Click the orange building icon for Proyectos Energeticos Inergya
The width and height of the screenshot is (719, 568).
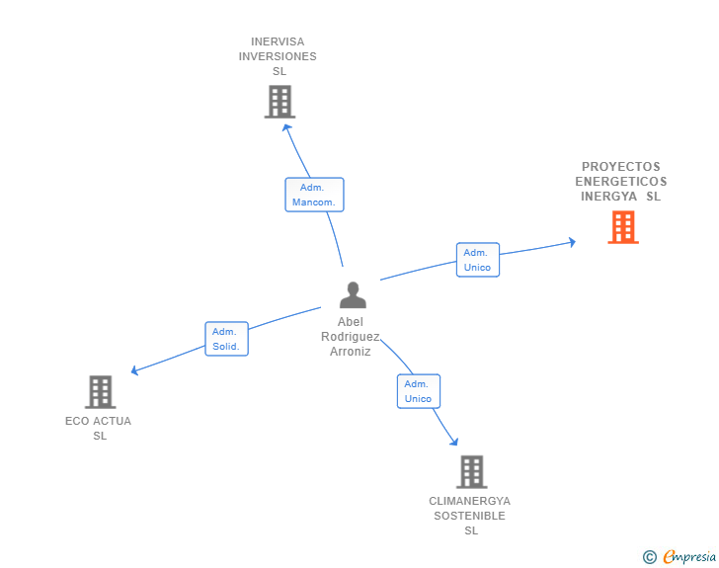pyautogui.click(x=622, y=227)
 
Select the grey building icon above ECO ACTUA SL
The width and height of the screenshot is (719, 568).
pyautogui.click(x=100, y=392)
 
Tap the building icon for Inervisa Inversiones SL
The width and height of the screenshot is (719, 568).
pyautogui.click(x=280, y=102)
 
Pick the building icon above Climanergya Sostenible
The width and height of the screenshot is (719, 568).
pyautogui.click(x=471, y=472)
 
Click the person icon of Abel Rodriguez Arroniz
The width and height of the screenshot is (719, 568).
pyautogui.click(x=352, y=295)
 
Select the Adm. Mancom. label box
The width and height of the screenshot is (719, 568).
pyautogui.click(x=314, y=195)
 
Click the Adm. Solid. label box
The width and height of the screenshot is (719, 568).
pyautogui.click(x=226, y=339)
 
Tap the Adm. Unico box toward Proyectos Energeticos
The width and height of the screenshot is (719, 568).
pyautogui.click(x=477, y=260)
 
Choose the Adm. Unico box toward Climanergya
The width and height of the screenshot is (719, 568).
pyautogui.click(x=418, y=391)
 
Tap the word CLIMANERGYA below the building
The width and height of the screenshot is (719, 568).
pyautogui.click(x=470, y=501)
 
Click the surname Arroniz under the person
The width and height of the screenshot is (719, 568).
pyautogui.click(x=351, y=351)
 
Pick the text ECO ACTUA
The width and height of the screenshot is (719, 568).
pyautogui.click(x=99, y=421)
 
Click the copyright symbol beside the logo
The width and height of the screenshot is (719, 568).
pyautogui.click(x=649, y=557)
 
